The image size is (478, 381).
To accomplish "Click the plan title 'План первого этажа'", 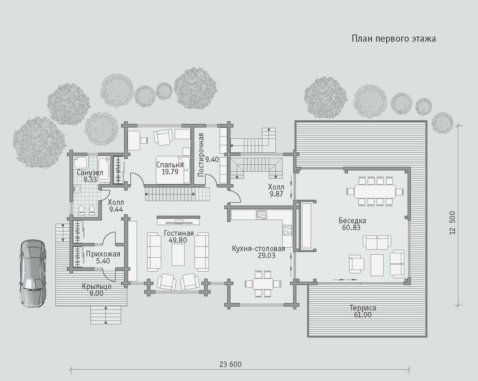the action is (x=394, y=39).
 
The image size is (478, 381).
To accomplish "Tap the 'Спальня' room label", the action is (x=170, y=165).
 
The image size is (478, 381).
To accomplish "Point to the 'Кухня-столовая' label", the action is (x=258, y=249).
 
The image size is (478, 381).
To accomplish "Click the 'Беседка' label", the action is (x=352, y=220).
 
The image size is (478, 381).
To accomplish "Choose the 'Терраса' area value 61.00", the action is (x=363, y=315).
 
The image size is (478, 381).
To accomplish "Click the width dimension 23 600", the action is (x=230, y=364).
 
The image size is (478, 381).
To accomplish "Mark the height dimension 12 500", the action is (x=452, y=223).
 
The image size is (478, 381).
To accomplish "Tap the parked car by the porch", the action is (x=33, y=273).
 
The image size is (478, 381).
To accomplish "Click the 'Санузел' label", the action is (x=90, y=173).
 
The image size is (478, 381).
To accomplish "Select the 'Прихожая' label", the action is (x=103, y=254).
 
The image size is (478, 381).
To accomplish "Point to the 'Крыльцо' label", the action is (x=97, y=287).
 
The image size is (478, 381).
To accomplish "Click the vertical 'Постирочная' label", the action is (x=200, y=155).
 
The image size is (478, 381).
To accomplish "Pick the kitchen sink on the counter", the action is (x=261, y=215).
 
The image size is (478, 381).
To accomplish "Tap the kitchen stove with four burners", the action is (x=287, y=230).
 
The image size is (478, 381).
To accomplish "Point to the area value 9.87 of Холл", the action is (x=276, y=194).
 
